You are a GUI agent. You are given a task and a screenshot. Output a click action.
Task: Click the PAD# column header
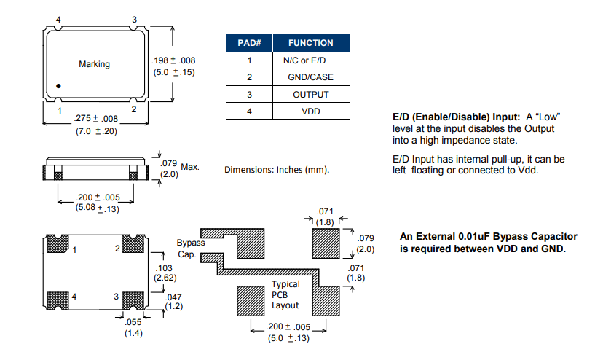[x=249, y=43]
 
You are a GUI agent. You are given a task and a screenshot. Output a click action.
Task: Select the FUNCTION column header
[x=311, y=43]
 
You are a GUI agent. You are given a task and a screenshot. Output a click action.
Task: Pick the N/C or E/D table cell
[x=311, y=60]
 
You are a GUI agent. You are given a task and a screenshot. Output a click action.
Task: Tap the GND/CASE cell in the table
[x=311, y=77]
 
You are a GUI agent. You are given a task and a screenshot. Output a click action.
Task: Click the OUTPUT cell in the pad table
[x=311, y=95]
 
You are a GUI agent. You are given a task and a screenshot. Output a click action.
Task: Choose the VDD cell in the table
[x=311, y=111]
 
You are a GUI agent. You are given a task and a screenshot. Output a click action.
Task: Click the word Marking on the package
[x=94, y=64]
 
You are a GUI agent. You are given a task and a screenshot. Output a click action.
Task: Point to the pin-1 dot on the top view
[x=59, y=87]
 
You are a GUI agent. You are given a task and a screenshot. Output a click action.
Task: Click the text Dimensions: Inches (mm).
[x=277, y=170]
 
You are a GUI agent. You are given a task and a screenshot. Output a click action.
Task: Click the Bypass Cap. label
[x=191, y=248]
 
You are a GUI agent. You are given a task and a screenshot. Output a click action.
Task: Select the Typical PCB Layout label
[x=285, y=294]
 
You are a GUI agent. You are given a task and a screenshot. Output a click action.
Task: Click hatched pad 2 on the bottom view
[x=133, y=245]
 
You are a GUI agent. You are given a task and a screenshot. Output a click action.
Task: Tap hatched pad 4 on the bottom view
[x=58, y=299]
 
